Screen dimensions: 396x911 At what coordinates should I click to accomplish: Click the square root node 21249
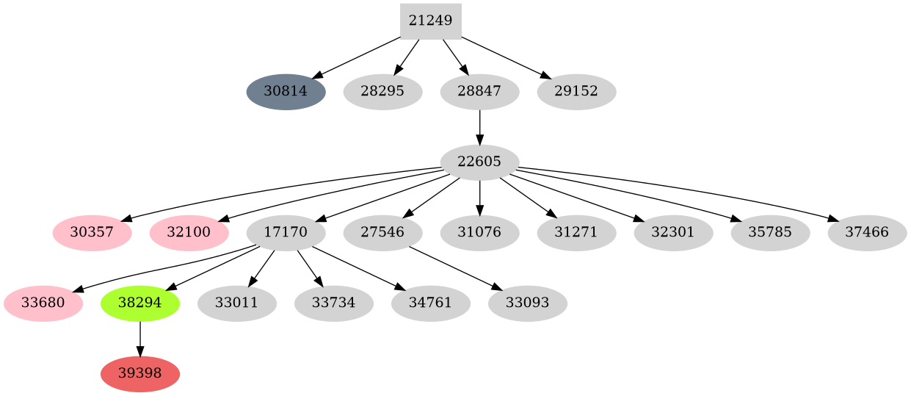[430, 21]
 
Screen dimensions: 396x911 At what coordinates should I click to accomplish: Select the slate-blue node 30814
[286, 92]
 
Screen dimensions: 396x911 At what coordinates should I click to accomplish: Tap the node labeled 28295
[382, 92]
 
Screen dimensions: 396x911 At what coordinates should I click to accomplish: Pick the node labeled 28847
[479, 92]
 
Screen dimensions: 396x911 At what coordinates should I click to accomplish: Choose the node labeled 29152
[576, 92]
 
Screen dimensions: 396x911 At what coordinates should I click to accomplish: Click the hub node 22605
[479, 162]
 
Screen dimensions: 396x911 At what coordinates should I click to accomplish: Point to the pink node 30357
[92, 233]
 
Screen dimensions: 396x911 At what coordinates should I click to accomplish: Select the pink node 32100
[189, 233]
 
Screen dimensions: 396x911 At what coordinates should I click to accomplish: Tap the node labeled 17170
[286, 233]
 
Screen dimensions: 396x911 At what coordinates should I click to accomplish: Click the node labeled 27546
[382, 233]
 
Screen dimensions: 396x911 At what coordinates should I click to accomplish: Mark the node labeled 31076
[479, 233]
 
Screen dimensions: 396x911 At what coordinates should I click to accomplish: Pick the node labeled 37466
[867, 233]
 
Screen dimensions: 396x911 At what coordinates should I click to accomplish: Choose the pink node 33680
[43, 303]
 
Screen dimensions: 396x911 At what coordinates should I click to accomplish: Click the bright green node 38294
[139, 303]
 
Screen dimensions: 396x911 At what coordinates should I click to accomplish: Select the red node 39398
[139, 374]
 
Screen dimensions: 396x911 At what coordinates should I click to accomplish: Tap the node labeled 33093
[527, 303]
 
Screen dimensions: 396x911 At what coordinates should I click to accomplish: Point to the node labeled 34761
[430, 303]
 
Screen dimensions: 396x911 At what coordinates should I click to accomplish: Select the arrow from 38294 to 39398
[139, 339]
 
